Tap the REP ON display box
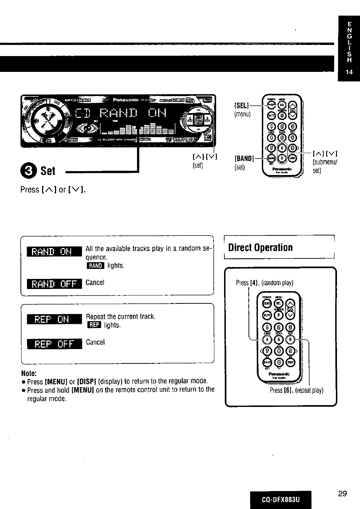[x=55, y=319]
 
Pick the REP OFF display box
[x=55, y=344]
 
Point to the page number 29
[x=342, y=494]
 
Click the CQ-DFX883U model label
[x=281, y=500]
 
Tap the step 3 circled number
[x=30, y=170]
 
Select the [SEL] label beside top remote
[x=240, y=107]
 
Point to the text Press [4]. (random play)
[x=262, y=283]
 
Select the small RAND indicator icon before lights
[x=95, y=266]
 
